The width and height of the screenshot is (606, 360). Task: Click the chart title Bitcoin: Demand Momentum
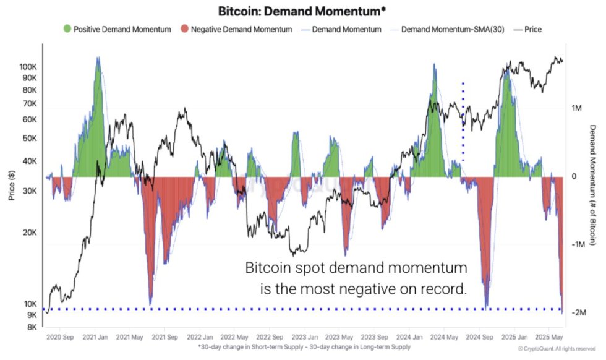tap(303, 11)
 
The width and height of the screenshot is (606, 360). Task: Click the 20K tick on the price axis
tap(30, 233)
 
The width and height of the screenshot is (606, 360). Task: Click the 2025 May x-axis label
tap(548, 338)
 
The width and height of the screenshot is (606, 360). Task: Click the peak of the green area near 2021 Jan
tap(98, 58)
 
